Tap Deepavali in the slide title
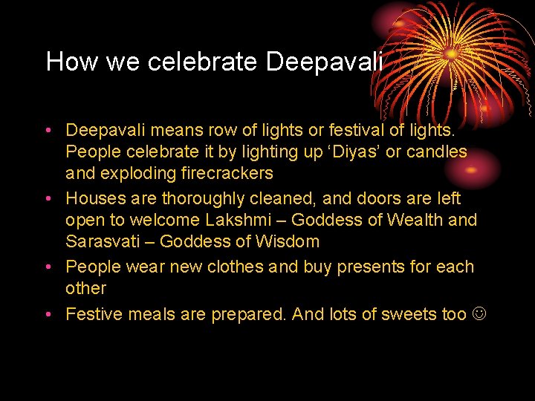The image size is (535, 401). pyautogui.click(x=323, y=62)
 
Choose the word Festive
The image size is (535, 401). pyautogui.click(x=94, y=314)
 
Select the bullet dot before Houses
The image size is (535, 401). pyautogui.click(x=47, y=200)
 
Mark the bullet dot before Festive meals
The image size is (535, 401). pyautogui.click(x=47, y=315)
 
